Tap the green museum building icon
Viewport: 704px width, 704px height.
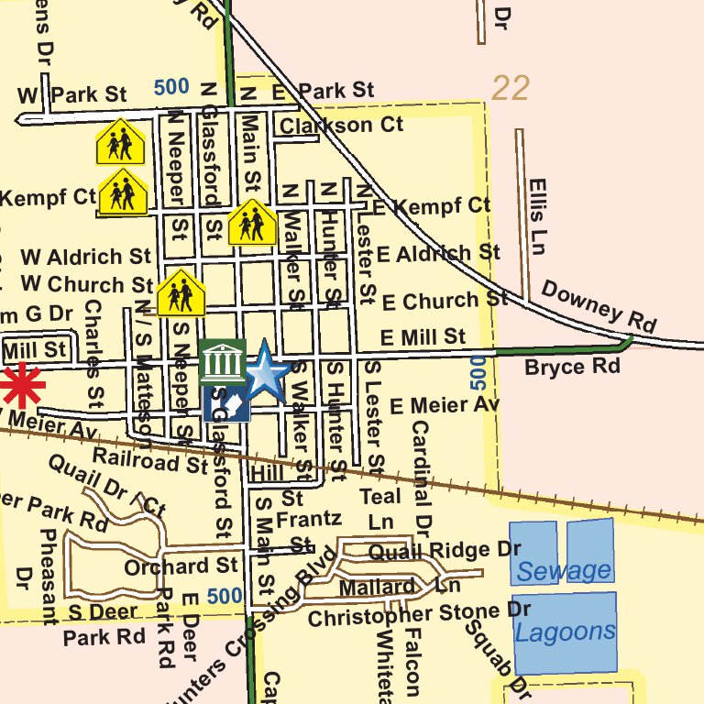pos(221,361)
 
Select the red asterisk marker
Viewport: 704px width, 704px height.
pos(20,386)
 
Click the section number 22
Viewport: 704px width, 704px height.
pos(511,88)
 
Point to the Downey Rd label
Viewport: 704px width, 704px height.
pos(599,305)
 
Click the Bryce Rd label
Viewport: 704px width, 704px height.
pos(572,368)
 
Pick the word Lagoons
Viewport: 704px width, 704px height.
pos(565,632)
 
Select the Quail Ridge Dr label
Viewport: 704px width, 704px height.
pos(444,551)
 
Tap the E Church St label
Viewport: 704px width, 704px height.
pos(445,300)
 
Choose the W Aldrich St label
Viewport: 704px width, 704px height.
pos(85,257)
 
